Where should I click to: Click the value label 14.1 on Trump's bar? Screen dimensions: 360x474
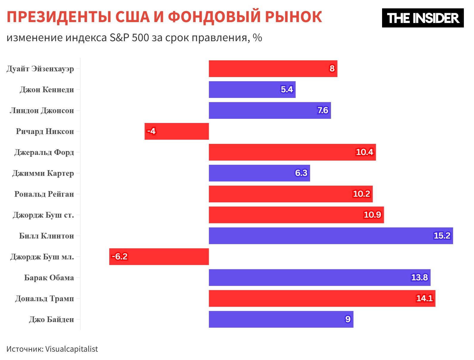[x=424, y=298]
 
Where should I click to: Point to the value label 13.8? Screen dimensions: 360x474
[x=419, y=277]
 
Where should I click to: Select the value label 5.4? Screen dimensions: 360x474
[x=287, y=89]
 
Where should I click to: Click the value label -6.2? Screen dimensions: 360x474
[x=119, y=256]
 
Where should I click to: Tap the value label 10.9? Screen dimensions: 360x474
[x=372, y=215]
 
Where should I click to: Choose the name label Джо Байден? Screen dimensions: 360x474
[x=51, y=319]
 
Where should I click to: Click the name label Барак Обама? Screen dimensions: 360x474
[x=49, y=278]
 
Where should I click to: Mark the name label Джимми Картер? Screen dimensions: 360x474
[x=43, y=173]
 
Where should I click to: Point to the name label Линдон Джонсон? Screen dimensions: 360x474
[x=42, y=110]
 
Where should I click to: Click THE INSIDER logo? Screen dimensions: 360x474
[x=423, y=18]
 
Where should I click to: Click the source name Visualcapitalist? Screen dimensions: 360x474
[x=71, y=349]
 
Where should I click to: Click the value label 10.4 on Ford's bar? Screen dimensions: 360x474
[x=364, y=152]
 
